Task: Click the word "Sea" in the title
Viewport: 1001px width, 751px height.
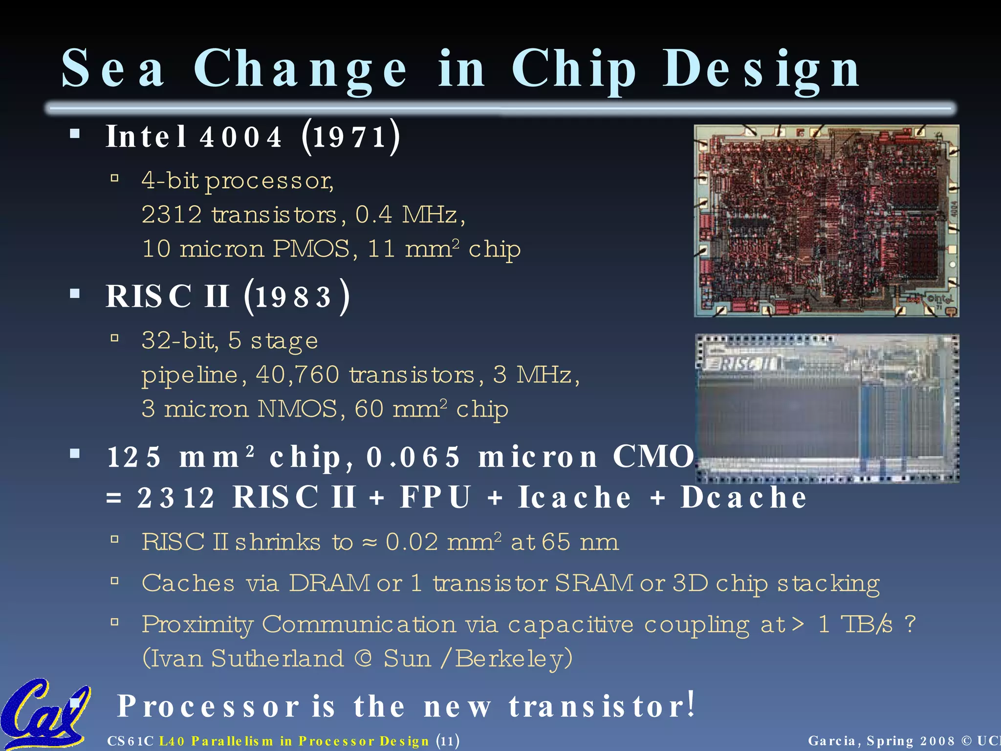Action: click(x=113, y=68)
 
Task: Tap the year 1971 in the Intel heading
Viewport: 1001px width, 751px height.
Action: click(x=350, y=137)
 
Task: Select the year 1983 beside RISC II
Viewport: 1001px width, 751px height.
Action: click(x=293, y=297)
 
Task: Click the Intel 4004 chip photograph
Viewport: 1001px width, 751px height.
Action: click(x=826, y=221)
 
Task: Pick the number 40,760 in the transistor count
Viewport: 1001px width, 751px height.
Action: click(x=297, y=375)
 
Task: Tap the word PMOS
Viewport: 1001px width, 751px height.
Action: click(x=311, y=249)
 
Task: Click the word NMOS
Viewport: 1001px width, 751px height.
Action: click(x=297, y=409)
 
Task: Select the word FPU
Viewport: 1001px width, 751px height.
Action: click(x=435, y=497)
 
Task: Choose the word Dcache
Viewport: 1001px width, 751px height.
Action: click(x=743, y=497)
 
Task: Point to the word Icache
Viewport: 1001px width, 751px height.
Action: click(x=575, y=497)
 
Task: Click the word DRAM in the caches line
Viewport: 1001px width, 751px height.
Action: click(x=329, y=583)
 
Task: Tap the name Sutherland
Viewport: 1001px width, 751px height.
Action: click(x=278, y=658)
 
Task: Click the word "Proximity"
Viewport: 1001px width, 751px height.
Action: click(x=197, y=624)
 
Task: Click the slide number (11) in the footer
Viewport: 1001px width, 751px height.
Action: click(x=448, y=741)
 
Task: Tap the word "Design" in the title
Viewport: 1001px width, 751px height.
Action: click(x=761, y=69)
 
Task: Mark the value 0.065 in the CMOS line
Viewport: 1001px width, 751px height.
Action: click(x=413, y=457)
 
